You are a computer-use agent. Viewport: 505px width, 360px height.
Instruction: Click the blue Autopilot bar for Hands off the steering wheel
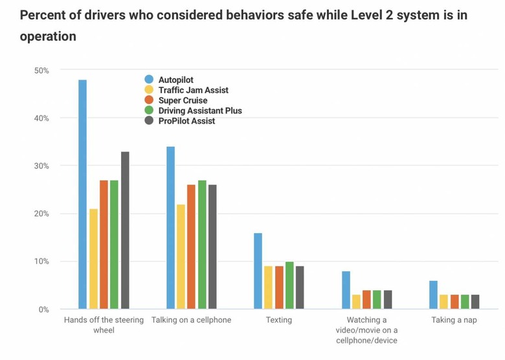click(82, 194)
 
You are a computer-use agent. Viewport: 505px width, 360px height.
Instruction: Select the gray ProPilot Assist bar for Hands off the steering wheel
click(125, 230)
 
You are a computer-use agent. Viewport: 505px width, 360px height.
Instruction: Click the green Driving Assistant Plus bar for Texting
click(289, 285)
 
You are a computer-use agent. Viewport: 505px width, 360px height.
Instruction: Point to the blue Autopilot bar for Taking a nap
click(433, 295)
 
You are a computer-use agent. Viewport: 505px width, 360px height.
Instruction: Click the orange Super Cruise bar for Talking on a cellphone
click(191, 247)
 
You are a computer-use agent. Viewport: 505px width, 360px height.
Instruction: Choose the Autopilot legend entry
click(175, 80)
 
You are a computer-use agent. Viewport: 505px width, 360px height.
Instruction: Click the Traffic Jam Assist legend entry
click(193, 90)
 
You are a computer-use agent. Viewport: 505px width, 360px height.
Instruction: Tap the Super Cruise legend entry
click(183, 100)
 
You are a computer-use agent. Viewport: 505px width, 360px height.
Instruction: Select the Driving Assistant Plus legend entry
click(199, 111)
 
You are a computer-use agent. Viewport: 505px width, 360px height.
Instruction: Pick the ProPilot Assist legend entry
click(186, 121)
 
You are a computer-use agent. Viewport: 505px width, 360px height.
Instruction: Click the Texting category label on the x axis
click(278, 320)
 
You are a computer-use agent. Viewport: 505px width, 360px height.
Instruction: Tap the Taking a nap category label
click(454, 320)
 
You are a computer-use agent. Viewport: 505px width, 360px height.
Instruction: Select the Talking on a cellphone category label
click(191, 320)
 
